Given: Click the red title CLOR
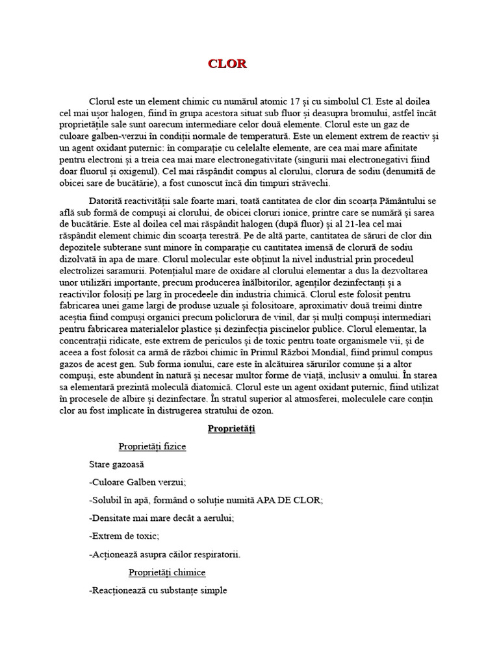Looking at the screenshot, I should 227,64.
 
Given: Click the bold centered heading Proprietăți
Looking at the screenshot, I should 231,429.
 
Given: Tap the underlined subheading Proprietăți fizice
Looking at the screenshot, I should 152,447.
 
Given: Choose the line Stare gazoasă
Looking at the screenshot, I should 116,464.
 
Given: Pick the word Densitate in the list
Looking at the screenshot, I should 114,518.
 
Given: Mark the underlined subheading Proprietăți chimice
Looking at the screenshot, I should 167,572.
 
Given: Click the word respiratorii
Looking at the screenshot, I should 215,554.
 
